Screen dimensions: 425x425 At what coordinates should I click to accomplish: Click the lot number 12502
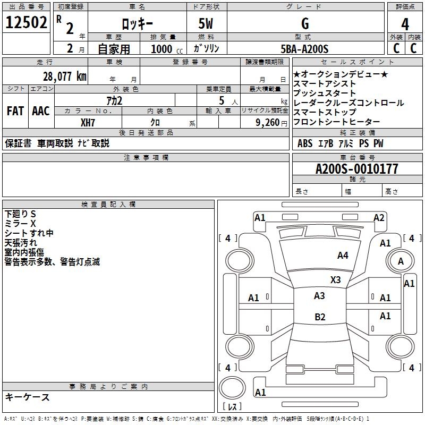pos(25,24)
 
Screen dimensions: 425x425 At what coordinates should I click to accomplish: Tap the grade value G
pos(304,23)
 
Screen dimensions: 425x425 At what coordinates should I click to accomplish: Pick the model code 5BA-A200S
pos(304,49)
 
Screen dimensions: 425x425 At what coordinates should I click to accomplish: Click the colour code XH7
pos(88,122)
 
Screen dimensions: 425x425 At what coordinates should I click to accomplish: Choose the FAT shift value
pos(15,111)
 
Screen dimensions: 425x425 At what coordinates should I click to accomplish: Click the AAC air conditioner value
pos(40,111)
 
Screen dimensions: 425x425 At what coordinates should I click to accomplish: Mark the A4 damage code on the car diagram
pos(343,256)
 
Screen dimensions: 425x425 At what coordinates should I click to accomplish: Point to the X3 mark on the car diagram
pos(335,280)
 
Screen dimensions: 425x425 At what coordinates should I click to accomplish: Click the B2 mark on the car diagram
pos(320,317)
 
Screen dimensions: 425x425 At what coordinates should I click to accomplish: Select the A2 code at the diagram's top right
pos(379,217)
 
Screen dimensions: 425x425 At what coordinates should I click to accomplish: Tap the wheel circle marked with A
pos(401,261)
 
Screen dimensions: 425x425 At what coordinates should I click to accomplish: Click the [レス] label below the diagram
pos(232,407)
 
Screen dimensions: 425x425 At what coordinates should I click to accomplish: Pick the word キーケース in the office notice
pos(28,397)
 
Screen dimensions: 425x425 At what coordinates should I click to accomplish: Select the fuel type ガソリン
pos(207,49)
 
